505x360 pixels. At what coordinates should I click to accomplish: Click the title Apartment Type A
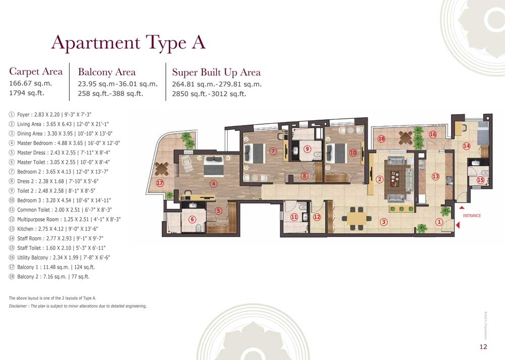point(128,42)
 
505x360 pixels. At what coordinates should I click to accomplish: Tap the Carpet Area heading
point(36,71)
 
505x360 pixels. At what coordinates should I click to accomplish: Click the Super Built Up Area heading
point(216,72)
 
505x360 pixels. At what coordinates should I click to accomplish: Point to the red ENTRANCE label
point(472,216)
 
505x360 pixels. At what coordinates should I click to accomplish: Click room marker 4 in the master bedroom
point(214,183)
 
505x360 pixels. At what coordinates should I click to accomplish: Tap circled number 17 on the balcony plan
point(160,183)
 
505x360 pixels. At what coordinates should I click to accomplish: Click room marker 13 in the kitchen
point(436,176)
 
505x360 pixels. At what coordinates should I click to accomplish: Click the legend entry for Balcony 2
point(52,277)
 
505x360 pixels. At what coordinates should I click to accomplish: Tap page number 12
point(483,346)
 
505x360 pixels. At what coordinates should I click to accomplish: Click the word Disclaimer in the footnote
point(20,306)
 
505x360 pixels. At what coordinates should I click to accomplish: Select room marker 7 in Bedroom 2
point(273,150)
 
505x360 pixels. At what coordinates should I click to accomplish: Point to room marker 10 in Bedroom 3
point(353,152)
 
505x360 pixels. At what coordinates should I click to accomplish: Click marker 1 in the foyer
point(439,221)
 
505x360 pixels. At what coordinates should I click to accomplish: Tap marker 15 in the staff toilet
point(480,180)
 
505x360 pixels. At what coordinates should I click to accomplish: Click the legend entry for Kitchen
point(60,229)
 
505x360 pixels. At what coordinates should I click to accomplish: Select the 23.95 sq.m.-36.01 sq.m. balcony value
point(117,84)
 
